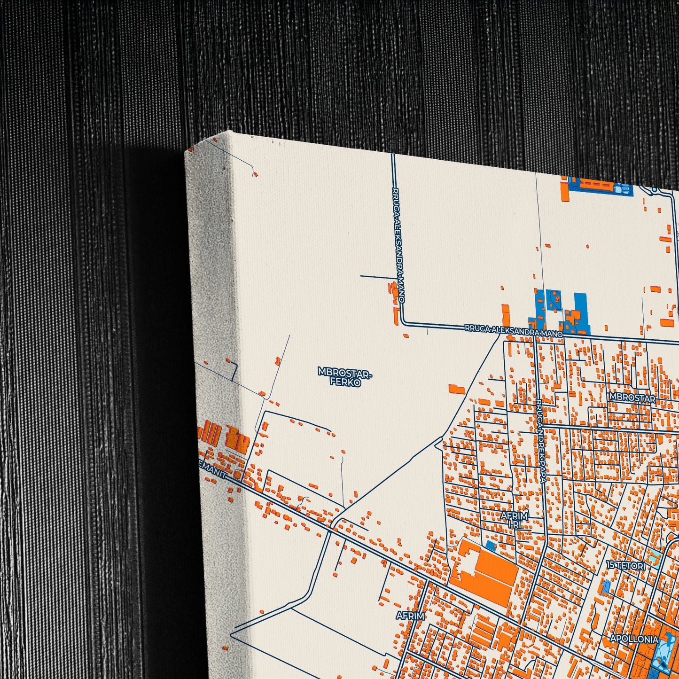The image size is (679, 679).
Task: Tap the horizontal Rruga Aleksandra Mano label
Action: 514,331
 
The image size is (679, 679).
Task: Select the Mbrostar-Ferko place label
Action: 345,377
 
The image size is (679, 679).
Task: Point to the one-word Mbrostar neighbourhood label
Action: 632,398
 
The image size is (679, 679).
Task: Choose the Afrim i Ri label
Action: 515,520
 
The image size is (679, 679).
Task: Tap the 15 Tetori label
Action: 625,565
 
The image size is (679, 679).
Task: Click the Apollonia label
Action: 634,639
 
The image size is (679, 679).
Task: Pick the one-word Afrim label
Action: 410,616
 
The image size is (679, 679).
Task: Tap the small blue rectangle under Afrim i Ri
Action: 491,546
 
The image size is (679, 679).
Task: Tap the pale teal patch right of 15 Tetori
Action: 655,558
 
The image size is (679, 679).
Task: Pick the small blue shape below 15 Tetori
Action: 606,586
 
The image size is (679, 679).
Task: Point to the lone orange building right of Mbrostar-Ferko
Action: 456,389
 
